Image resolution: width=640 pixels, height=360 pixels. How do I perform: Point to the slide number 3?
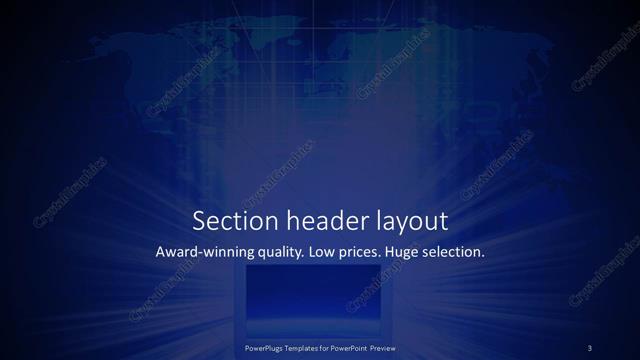590,347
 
